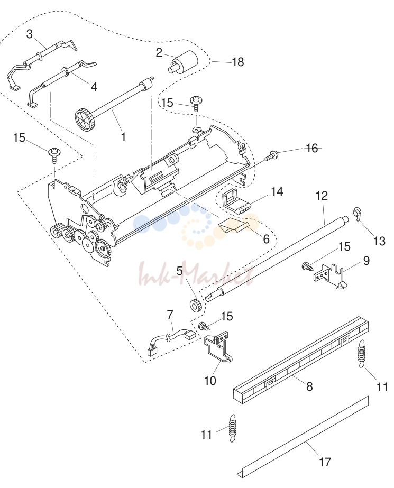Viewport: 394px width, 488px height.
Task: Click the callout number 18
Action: pos(238,62)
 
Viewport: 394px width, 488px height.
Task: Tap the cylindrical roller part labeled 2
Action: pos(184,62)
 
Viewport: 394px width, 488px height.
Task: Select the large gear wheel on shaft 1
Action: pos(85,119)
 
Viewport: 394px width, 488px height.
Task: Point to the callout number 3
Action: pos(29,34)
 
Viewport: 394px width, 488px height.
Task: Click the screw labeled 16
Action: pos(270,155)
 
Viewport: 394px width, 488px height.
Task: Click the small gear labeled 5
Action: pos(196,305)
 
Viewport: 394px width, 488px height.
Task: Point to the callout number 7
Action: pos(170,315)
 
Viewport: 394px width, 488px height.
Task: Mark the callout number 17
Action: pos(324,462)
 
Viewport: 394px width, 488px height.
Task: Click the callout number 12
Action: pos(322,196)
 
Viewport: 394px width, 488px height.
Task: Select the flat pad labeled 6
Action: pos(233,226)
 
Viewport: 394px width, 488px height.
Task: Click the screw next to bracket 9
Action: pos(307,266)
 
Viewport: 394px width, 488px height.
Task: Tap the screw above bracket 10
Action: pos(204,326)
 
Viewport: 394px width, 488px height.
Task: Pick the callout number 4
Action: pos(94,87)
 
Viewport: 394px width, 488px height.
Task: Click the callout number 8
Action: pos(309,386)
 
